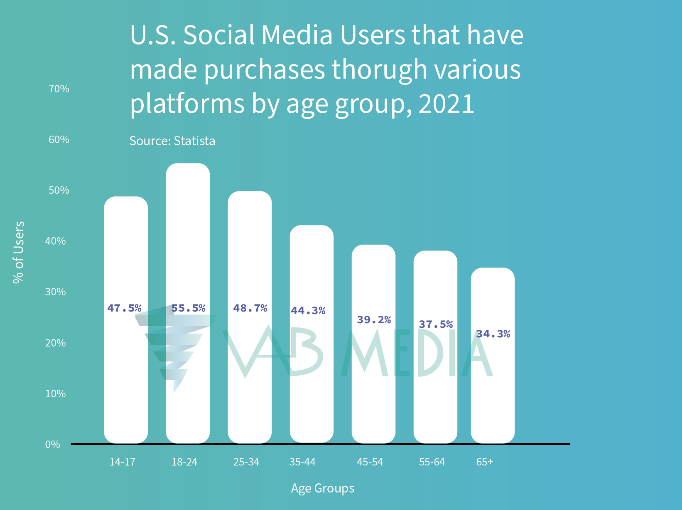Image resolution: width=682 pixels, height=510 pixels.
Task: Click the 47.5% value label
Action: point(124,308)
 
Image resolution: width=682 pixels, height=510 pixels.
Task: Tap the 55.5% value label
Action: point(188,308)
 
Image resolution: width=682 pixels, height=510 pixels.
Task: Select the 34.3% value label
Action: point(493,334)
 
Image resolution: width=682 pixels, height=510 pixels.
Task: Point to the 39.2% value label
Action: point(374,320)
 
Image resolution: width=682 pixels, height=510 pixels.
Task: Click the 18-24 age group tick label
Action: point(184,462)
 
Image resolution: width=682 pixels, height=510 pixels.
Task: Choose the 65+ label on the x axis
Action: point(485,462)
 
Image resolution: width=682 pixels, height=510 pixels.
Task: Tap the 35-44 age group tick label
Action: point(302,462)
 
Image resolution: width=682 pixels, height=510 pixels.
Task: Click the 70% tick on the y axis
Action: point(59,89)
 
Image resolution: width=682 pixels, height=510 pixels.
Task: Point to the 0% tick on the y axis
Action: point(53,445)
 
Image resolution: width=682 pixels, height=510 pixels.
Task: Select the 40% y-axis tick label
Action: point(56,241)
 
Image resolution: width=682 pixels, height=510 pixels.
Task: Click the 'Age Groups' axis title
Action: point(323,488)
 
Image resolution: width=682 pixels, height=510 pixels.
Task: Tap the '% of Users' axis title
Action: point(19,253)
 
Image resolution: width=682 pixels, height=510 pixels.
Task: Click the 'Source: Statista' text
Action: point(172,141)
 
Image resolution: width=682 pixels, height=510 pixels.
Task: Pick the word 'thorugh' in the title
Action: point(380,69)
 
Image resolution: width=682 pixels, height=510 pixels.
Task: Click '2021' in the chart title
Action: point(446,104)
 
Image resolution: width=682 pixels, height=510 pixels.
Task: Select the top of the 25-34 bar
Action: point(250,192)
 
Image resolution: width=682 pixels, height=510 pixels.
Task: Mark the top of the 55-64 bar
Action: point(435,252)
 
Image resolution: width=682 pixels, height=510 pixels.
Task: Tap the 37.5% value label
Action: point(436,324)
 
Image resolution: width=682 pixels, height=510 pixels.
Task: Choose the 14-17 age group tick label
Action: point(123,462)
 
